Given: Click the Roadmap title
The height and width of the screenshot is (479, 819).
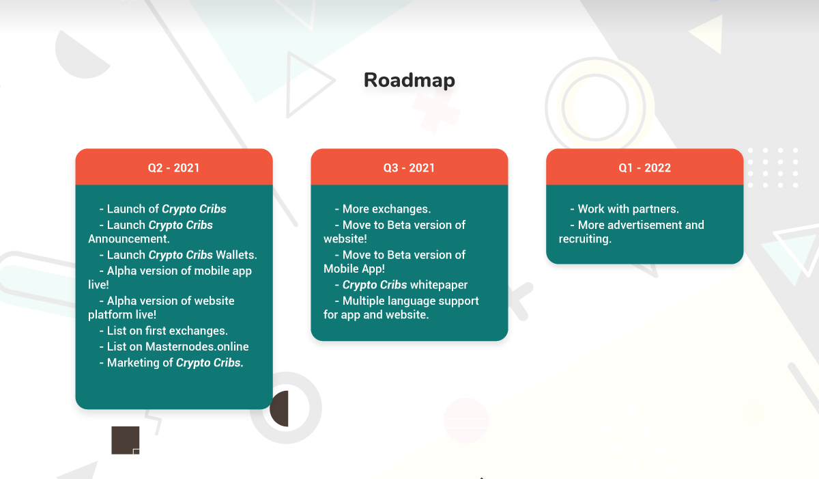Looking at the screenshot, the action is coord(409,81).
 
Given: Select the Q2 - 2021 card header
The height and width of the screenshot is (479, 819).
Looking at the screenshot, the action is coord(174,167).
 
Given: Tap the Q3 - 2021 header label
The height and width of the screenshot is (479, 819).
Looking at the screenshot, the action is coord(409,168).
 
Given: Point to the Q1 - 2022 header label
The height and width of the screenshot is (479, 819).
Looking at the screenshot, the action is coord(644,168).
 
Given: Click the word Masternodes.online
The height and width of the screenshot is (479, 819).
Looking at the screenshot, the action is coord(197,346).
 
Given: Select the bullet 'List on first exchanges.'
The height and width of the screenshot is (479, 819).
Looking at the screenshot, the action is coord(163,331).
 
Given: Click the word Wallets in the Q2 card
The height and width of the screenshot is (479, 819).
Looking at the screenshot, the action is coord(236,255).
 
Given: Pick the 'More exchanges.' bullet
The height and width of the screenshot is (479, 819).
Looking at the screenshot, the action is coord(383,209).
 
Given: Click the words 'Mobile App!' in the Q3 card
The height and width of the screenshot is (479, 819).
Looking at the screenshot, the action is coord(354,269).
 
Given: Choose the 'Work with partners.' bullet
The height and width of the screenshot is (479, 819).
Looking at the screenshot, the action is coord(624,209).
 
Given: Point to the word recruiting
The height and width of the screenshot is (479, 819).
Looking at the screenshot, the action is coord(585,239).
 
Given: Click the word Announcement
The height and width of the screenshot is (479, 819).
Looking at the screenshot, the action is coord(129,239).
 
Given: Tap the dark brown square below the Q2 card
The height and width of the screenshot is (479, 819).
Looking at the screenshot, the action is coord(126,440).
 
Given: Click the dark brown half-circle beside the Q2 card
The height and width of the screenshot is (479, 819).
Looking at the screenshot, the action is coord(280,409).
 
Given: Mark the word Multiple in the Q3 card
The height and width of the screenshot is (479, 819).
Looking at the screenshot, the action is coord(363,301).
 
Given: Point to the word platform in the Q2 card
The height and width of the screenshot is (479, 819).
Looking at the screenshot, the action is coord(109,315).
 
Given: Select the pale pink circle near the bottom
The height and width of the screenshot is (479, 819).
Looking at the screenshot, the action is coord(466,420).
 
